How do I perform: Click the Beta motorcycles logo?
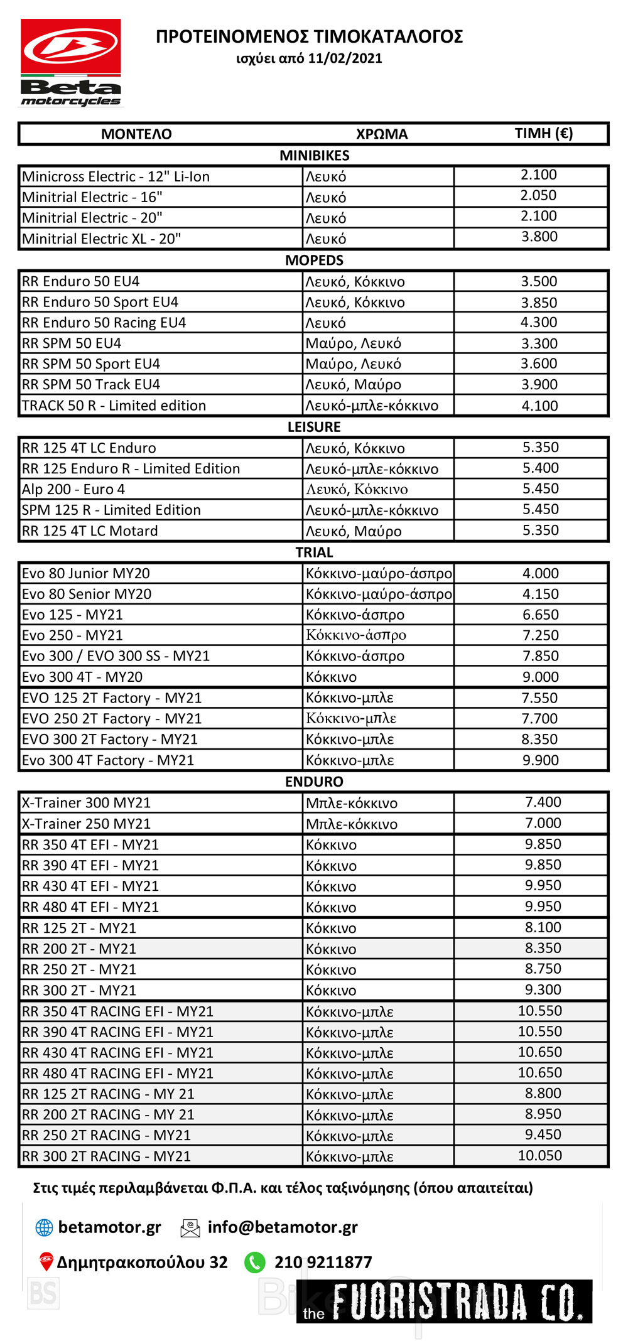71,63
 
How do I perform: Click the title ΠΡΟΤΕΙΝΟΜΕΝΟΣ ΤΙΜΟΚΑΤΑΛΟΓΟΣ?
309,36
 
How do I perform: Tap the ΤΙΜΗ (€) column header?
543,133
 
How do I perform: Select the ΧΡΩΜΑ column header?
381,134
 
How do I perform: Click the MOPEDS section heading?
314,260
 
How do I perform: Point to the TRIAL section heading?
314,552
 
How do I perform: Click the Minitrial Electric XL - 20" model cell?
101,239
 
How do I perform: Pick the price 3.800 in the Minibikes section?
539,237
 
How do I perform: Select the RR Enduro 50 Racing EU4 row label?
104,323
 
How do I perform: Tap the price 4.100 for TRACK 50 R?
539,406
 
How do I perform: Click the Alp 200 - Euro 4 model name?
73,489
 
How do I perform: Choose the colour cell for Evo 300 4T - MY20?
331,677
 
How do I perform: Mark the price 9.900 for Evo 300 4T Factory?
540,760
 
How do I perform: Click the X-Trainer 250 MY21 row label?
86,824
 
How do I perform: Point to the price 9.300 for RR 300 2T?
543,989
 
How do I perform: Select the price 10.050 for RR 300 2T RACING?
539,1155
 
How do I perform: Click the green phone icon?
254,1262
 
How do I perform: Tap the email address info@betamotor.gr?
283,1227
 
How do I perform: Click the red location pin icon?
45,1261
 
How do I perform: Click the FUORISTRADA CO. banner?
445,1301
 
